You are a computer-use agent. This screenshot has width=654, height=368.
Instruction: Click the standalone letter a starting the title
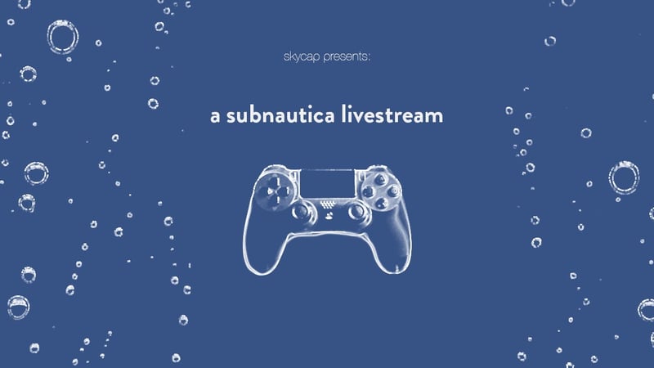tap(215, 117)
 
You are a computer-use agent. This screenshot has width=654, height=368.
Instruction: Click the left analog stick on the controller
tap(301, 212)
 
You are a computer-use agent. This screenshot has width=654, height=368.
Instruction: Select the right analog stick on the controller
tap(354, 212)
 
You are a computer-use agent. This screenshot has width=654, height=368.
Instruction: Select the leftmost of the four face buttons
tap(368, 188)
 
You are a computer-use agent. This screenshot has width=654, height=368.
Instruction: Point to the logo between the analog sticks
tap(327, 216)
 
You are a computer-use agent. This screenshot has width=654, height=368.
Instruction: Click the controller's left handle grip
tap(260, 233)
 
